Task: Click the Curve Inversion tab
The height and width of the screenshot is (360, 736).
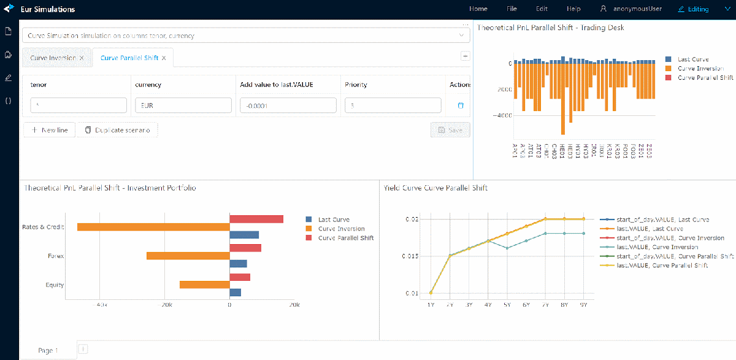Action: coord(53,58)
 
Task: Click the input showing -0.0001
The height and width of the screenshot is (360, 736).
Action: coord(288,105)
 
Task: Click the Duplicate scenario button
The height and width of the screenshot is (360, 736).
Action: coord(117,130)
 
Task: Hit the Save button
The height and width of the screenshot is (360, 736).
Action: coord(450,130)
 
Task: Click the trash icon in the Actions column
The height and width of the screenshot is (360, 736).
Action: coord(461,105)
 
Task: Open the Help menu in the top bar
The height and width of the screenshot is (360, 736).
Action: coord(573,9)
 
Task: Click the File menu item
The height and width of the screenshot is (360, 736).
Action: coord(512,9)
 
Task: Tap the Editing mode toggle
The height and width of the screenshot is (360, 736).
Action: coord(693,9)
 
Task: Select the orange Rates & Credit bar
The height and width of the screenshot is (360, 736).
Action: coord(153,227)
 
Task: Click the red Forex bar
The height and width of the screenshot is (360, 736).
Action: coord(245,248)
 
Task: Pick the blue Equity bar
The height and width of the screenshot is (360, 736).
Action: coord(235,293)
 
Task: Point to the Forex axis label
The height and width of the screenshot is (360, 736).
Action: coord(56,256)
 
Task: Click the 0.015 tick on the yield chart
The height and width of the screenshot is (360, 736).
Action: coord(411,256)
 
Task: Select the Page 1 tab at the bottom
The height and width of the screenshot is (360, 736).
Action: coord(48,350)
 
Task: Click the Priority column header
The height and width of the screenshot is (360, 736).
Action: coord(356,84)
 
